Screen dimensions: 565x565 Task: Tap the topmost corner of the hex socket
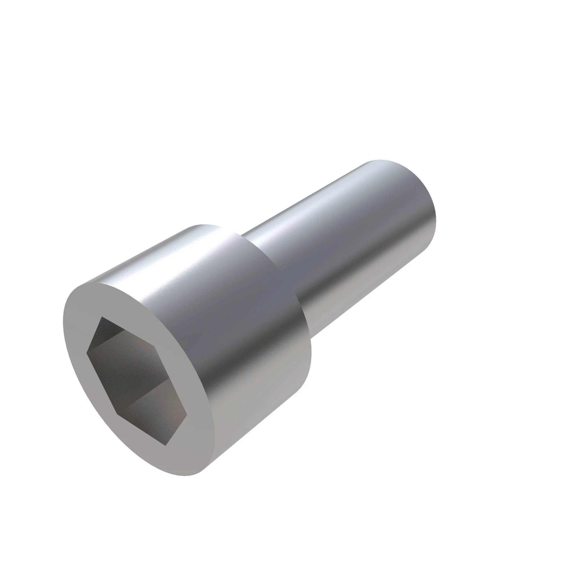[x=102, y=316]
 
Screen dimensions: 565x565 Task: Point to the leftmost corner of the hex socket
[x=86, y=353]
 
